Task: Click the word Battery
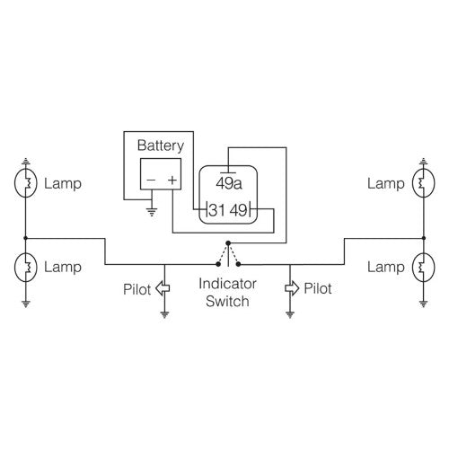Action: [160, 145]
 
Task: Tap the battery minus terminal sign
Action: [150, 180]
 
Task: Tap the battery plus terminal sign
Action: [172, 180]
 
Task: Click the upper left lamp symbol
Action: [26, 184]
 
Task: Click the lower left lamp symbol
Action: [26, 267]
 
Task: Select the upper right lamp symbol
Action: [421, 184]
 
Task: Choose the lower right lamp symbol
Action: [421, 267]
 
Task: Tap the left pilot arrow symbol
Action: [163, 288]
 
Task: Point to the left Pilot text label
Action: [138, 289]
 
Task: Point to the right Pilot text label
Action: [317, 289]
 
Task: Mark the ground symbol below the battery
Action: [150, 213]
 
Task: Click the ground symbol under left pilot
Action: [163, 315]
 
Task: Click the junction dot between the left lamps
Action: [26, 238]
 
